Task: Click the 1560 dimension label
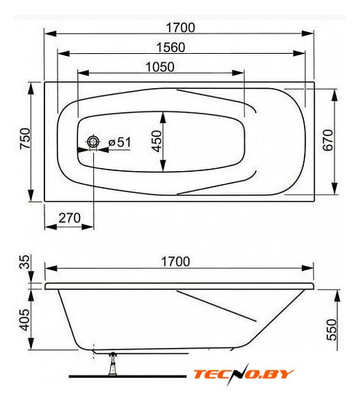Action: [x=171, y=47]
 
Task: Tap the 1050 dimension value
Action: [x=160, y=67]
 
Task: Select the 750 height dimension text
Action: [x=26, y=138]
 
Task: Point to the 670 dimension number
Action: [x=328, y=141]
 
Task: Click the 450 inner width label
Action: [x=156, y=141]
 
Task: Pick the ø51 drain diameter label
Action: [x=120, y=142]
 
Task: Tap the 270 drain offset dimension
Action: [x=69, y=218]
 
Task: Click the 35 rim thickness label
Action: [x=25, y=262]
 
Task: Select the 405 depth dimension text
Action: [x=25, y=320]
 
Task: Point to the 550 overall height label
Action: [x=332, y=330]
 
